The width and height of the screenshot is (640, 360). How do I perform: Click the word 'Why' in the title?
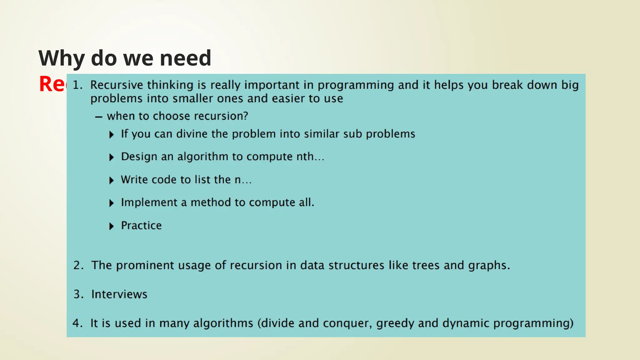61,58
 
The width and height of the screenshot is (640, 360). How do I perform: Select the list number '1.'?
77,85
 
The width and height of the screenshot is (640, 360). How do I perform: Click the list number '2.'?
78,265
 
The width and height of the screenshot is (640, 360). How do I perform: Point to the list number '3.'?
78,294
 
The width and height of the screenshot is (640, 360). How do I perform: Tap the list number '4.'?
77,323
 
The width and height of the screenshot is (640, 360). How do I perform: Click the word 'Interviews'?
119,294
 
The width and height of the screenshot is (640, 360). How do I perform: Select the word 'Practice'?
141,226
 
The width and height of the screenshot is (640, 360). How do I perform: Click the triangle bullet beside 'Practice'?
112,226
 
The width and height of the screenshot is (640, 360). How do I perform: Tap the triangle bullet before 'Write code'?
112,180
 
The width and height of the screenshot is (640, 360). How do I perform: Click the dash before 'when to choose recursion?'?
99,117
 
